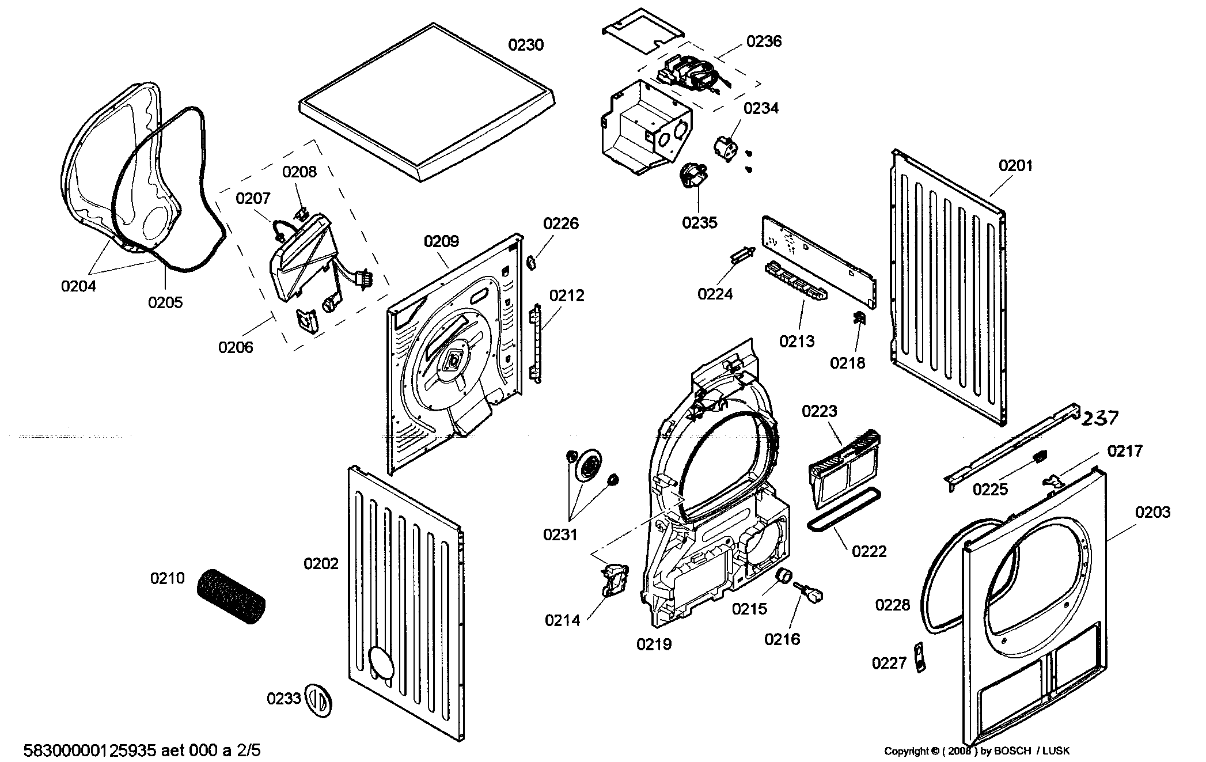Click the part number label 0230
click(x=525, y=45)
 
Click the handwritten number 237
click(x=1099, y=418)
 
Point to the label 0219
click(x=654, y=644)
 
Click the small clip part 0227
click(x=920, y=657)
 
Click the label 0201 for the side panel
click(x=1015, y=166)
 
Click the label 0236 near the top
click(x=764, y=41)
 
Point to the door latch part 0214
click(x=613, y=579)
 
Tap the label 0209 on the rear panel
click(x=441, y=241)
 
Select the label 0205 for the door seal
click(x=165, y=302)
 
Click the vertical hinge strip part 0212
click(x=535, y=343)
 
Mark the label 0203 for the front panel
click(x=1152, y=512)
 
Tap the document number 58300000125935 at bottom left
click(x=90, y=750)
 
